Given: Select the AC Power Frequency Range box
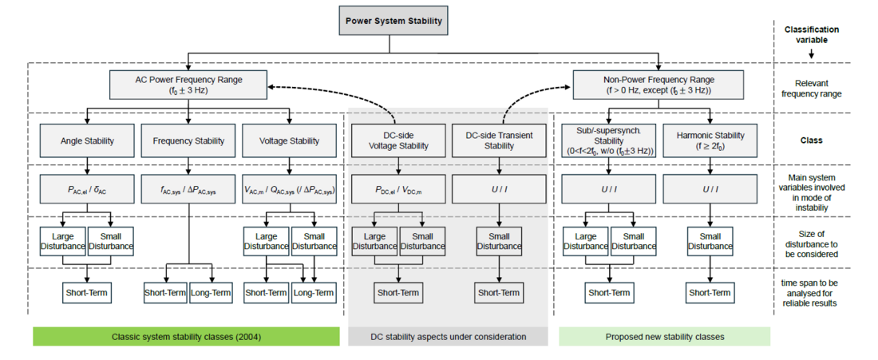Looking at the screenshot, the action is (188, 85).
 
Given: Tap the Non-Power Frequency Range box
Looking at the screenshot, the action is (658, 85).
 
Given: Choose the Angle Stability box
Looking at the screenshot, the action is (86, 141).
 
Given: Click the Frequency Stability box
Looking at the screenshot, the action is (188, 141).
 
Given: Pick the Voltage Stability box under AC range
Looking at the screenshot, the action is (289, 141).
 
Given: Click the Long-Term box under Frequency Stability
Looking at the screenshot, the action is (211, 292).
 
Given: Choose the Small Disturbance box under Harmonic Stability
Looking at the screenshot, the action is (710, 241).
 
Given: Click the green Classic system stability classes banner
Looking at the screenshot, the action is (187, 337).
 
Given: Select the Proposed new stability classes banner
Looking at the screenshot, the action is (664, 337).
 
